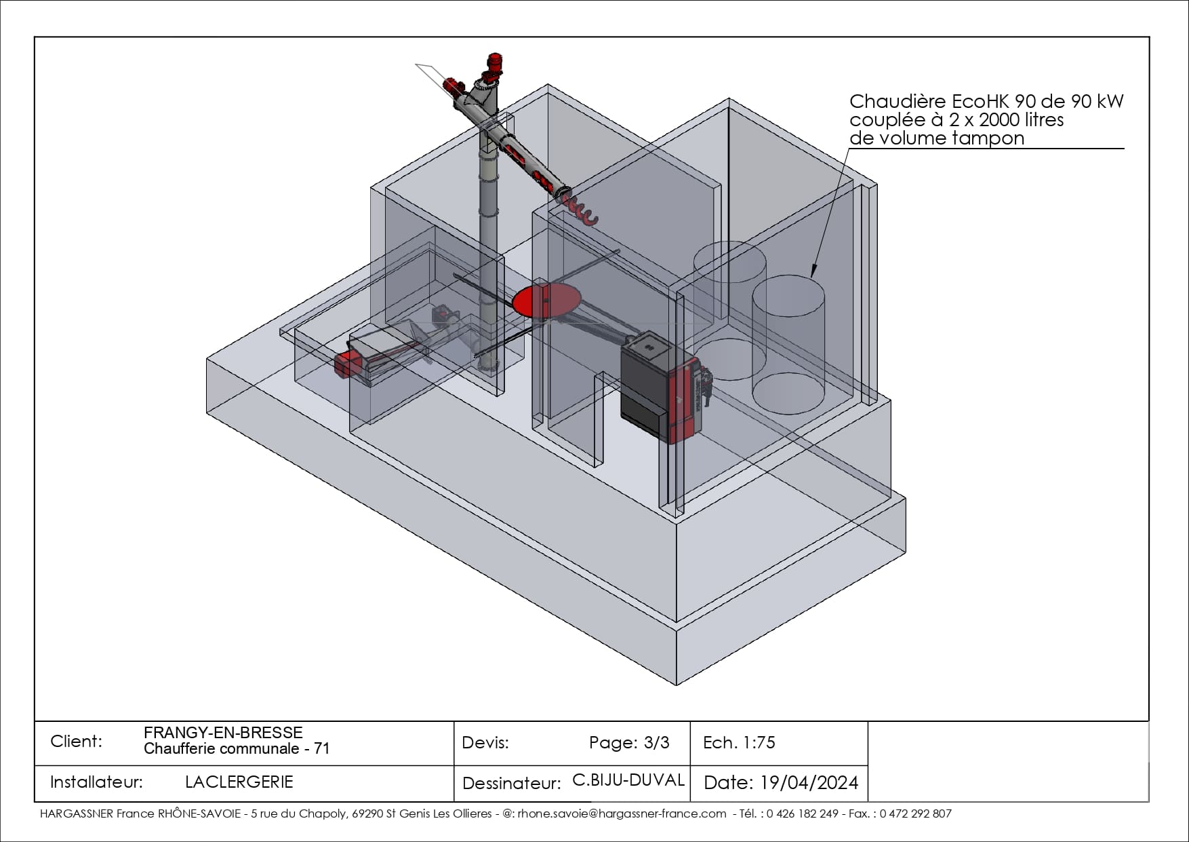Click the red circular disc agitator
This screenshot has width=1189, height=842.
click(546, 301)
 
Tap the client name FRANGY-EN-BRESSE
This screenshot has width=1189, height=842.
click(223, 733)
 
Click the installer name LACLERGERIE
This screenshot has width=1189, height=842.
click(239, 782)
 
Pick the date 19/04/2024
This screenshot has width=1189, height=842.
click(809, 783)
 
